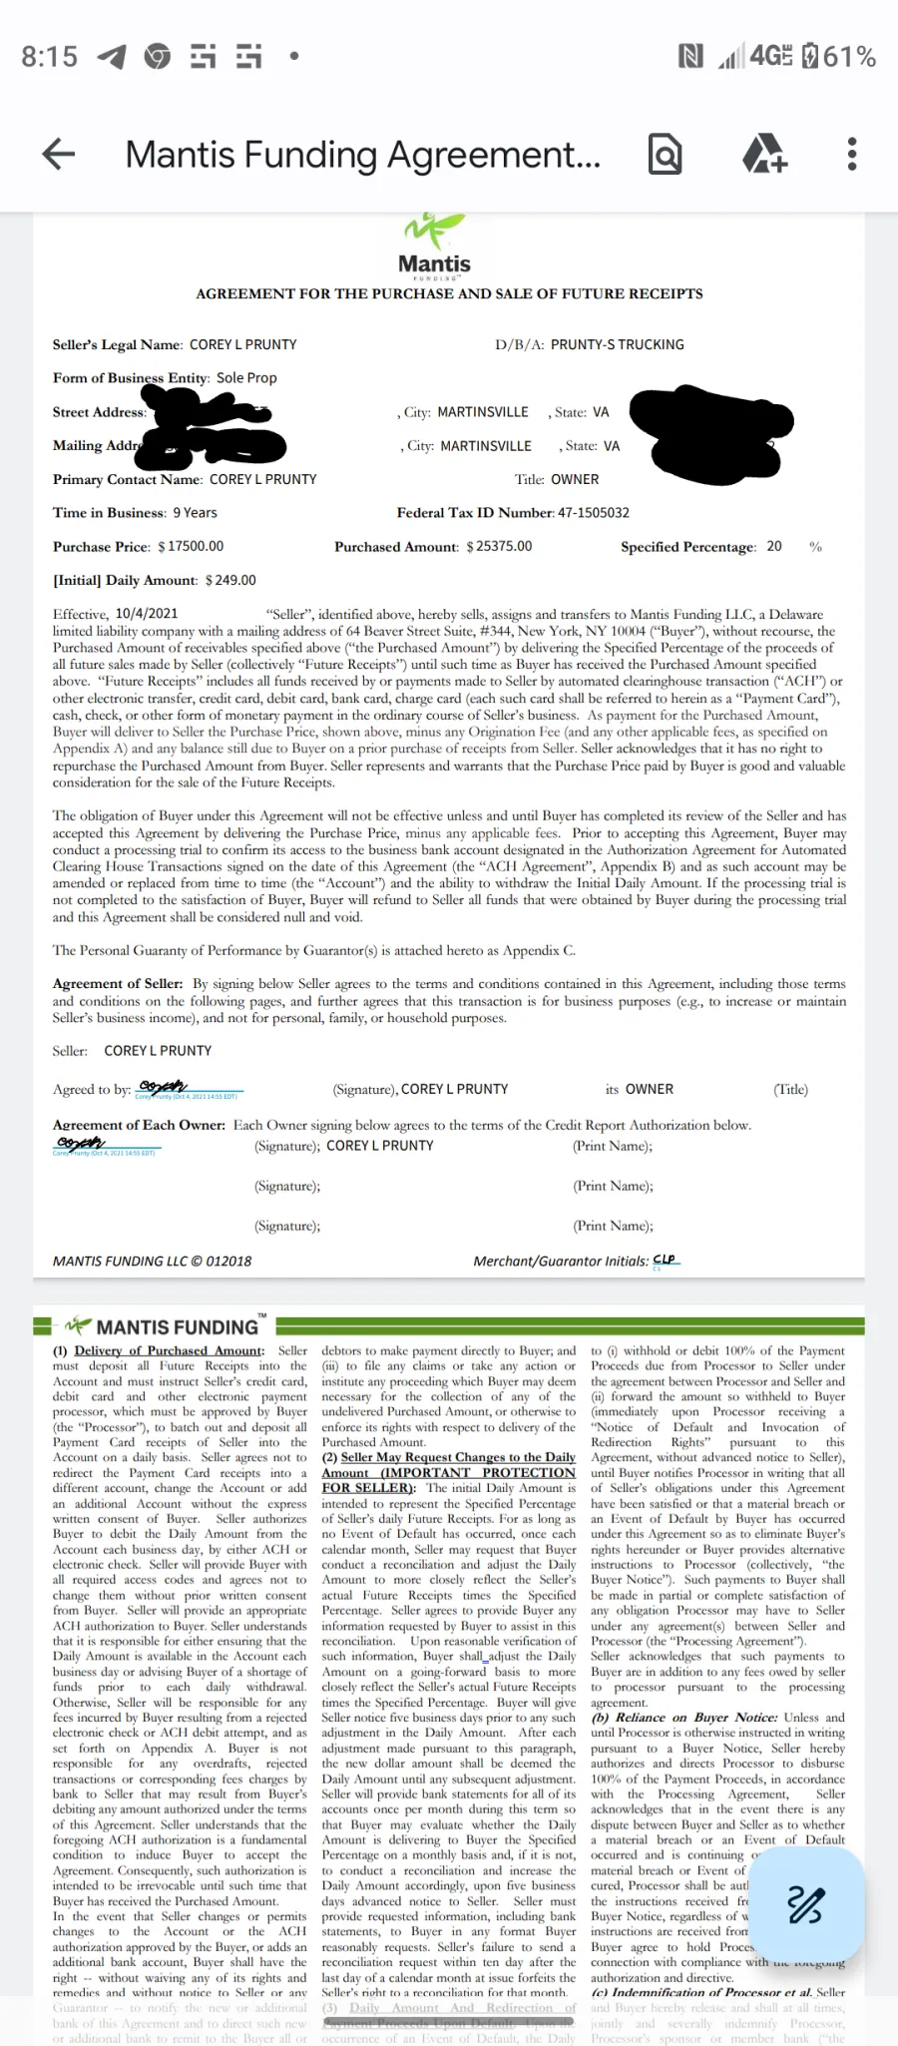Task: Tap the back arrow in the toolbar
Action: (59, 154)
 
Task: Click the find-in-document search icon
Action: (665, 154)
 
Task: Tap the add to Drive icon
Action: (764, 154)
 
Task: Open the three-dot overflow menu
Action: (851, 154)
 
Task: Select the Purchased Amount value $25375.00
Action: (499, 546)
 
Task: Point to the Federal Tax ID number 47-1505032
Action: (594, 513)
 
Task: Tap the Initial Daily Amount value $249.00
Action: (230, 580)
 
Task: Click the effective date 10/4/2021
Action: (147, 614)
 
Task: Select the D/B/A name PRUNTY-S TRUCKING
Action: (618, 344)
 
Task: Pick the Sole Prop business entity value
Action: (246, 378)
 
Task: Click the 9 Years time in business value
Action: (195, 513)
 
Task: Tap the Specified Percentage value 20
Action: (774, 546)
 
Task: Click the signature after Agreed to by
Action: (164, 1087)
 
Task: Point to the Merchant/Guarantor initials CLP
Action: (665, 1260)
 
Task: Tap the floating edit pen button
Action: (805, 1904)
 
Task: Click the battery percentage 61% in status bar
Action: (851, 57)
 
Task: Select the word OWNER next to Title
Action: (576, 479)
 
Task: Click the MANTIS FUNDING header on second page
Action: (177, 1327)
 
